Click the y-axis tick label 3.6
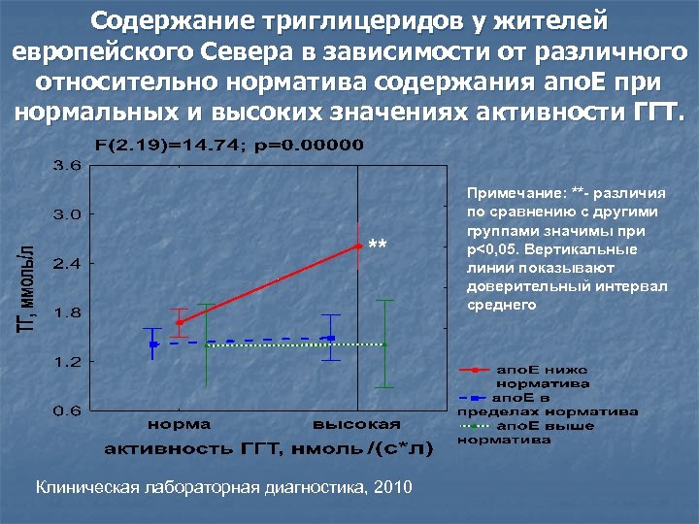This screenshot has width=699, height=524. [67, 165]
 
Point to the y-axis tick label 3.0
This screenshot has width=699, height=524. [67, 214]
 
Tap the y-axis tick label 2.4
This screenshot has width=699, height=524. [67, 264]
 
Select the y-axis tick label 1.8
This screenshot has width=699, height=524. [67, 312]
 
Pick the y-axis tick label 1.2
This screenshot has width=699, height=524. [67, 362]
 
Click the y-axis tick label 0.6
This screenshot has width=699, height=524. [67, 410]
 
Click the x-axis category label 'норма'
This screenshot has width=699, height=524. [180, 424]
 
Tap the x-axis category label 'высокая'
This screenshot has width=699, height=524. [356, 424]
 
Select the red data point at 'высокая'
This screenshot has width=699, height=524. [359, 246]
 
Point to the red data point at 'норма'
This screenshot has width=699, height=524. [180, 322]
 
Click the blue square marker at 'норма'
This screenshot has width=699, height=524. [153, 344]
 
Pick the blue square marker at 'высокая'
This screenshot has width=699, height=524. [331, 338]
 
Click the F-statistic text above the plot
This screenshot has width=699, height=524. [230, 146]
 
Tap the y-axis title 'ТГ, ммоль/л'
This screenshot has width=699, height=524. [28, 288]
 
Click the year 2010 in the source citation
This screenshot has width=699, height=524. [390, 487]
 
